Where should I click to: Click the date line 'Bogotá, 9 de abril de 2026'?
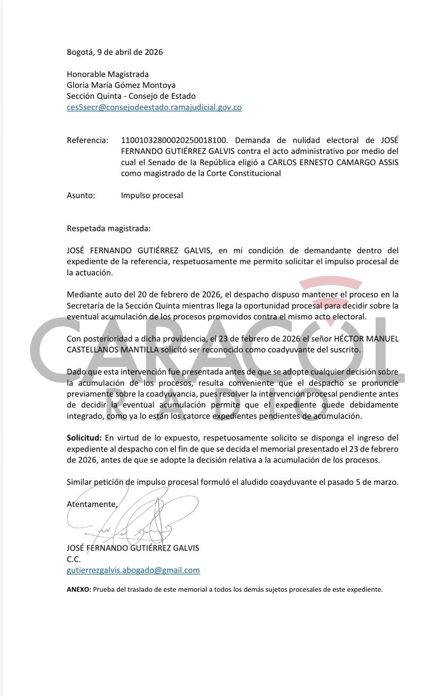[115, 52]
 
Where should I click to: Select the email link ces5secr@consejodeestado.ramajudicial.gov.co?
[154, 107]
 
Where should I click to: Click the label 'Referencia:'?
[87, 140]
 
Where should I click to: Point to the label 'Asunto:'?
[81, 196]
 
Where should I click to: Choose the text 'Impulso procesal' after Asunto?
[152, 196]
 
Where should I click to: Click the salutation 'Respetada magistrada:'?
[109, 228]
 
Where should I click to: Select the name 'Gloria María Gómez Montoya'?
[121, 85]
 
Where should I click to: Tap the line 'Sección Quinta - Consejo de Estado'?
[131, 96]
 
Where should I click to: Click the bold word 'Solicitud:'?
[84, 438]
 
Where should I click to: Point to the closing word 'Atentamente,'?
[92, 504]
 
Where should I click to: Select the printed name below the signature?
[133, 548]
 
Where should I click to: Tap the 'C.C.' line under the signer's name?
[74, 559]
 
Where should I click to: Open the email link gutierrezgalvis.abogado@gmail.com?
[133, 570]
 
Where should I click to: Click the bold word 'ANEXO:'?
[79, 590]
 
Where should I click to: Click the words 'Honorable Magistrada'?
[107, 74]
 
